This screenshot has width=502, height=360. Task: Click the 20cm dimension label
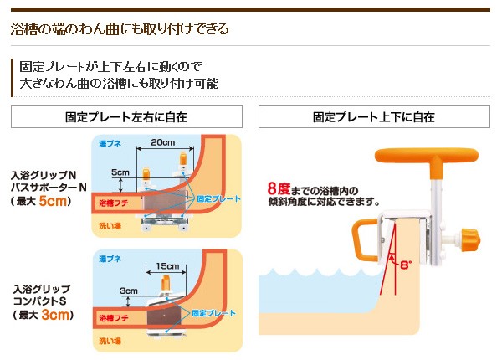(163, 142)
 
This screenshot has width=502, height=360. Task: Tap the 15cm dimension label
(167, 266)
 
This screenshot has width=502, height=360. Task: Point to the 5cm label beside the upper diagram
(120, 172)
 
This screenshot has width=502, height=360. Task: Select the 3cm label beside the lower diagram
(129, 291)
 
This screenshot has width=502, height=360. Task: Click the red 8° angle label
(405, 265)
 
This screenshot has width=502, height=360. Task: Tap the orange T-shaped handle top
(427, 156)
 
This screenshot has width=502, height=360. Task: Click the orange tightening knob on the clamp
(470, 239)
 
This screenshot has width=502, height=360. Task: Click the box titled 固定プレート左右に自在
(126, 117)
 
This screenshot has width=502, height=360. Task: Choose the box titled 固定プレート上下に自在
(374, 117)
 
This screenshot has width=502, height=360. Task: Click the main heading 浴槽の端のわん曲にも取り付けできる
(120, 28)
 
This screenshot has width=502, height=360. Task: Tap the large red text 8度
(279, 188)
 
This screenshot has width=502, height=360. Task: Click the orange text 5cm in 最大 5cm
(53, 201)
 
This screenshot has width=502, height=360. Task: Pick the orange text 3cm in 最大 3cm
(55, 315)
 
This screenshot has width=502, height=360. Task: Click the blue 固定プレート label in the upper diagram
(218, 199)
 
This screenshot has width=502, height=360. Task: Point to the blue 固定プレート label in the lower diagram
(213, 313)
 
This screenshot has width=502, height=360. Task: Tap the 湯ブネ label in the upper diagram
(110, 144)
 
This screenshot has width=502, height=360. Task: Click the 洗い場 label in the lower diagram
(110, 341)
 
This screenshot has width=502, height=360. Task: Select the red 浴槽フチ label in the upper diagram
(114, 203)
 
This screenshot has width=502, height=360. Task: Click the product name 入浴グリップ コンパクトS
(41, 295)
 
